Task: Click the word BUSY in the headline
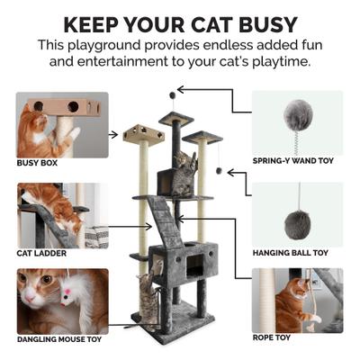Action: coord(267,22)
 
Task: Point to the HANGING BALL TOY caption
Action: coord(292,253)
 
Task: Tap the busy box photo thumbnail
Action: coord(61,124)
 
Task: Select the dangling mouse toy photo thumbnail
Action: coord(61,301)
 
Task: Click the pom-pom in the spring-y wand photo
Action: coord(297,114)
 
